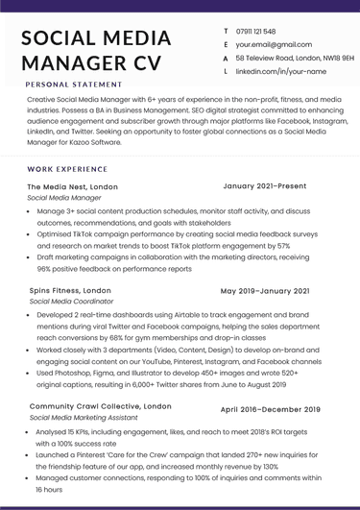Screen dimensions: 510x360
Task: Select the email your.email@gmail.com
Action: [275, 45]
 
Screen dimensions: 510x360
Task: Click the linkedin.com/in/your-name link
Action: [280, 72]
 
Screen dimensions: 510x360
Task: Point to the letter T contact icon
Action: [225, 32]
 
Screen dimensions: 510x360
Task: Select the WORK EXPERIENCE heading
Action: [67, 168]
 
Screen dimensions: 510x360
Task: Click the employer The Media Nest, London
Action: [73, 186]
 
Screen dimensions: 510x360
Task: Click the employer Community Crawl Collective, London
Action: [101, 407]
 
